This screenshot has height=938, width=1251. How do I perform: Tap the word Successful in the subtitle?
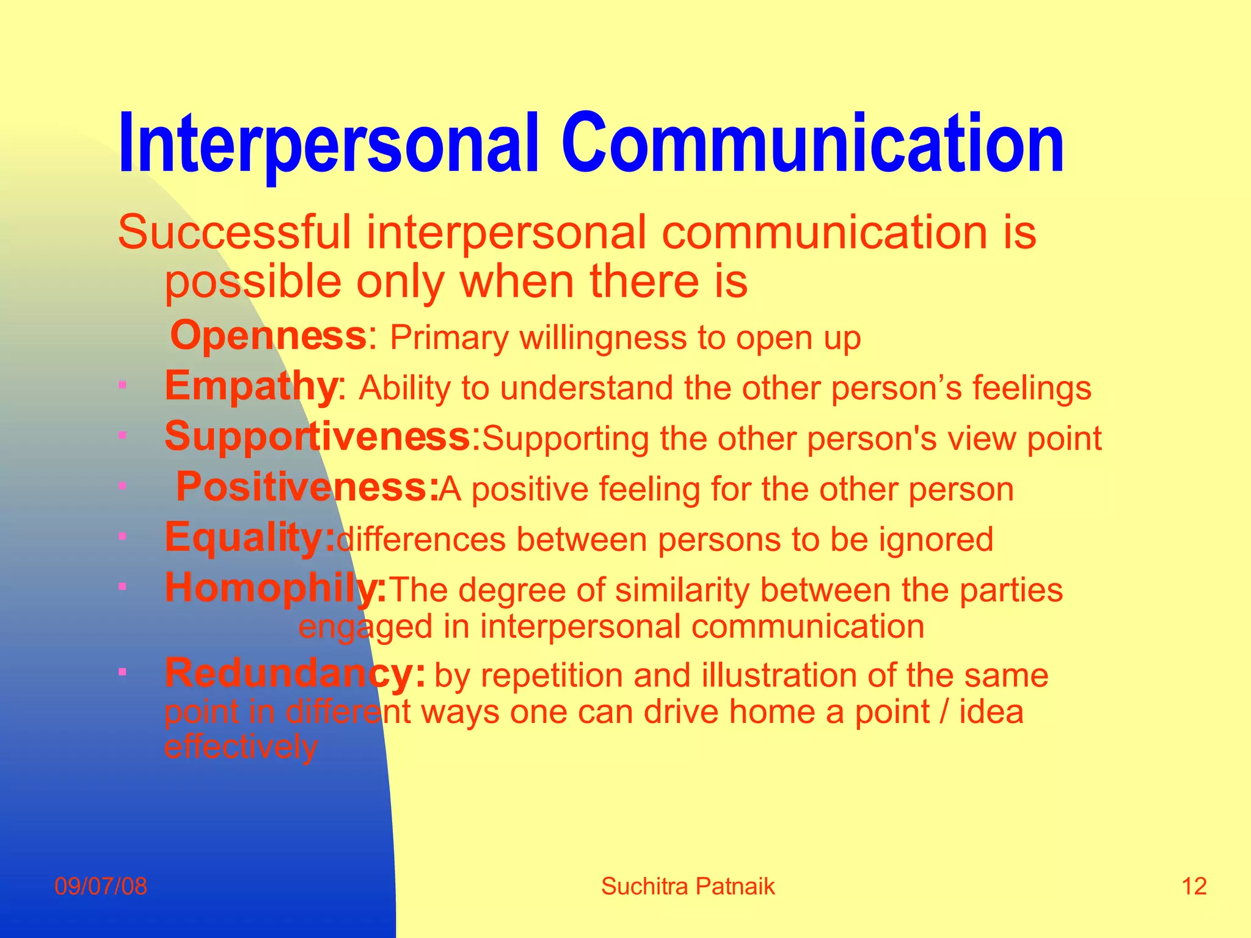235,233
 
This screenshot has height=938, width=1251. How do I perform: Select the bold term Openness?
268,336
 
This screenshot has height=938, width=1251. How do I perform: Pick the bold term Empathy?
250,387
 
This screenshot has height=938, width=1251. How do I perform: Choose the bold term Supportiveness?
318,437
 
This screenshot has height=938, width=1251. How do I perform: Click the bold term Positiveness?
307,487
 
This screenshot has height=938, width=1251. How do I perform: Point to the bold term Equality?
249,538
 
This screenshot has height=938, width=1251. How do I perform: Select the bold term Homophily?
275,589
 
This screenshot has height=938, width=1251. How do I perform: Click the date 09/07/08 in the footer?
101,886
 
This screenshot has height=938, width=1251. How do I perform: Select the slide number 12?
1194,886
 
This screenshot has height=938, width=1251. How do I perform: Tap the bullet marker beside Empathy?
122,385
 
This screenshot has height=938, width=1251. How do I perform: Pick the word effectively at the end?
241,747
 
